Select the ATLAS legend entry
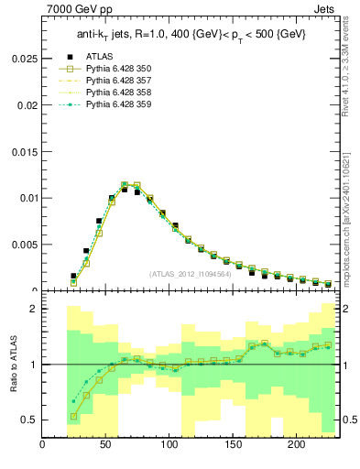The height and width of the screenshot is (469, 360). click(x=100, y=57)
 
